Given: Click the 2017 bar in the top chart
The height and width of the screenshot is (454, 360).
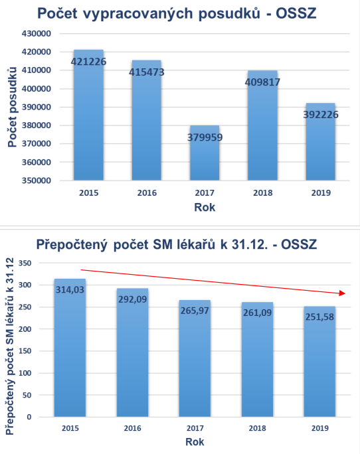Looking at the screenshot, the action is pyautogui.click(x=205, y=153).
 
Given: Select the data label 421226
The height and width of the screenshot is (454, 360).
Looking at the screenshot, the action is pyautogui.click(x=88, y=62).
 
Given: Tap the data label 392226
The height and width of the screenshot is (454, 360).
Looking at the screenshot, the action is pyautogui.click(x=321, y=115).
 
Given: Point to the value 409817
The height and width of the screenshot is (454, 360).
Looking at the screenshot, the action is pyautogui.click(x=262, y=82).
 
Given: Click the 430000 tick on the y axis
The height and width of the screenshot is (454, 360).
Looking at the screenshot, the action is pyautogui.click(x=37, y=34).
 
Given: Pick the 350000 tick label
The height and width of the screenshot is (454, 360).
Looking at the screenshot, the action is pyautogui.click(x=37, y=181).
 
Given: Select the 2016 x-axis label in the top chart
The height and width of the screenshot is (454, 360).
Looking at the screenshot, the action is pyautogui.click(x=147, y=193).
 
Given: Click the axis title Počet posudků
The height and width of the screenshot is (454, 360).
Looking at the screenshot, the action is pyautogui.click(x=13, y=107).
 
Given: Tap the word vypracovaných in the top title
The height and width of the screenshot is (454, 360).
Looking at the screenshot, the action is pyautogui.click(x=137, y=14).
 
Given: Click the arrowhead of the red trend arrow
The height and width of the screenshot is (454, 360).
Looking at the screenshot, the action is pyautogui.click(x=343, y=293).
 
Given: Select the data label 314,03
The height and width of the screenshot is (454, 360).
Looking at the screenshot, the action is pyautogui.click(x=70, y=289).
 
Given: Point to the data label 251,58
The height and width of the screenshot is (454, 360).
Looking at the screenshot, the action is pyautogui.click(x=319, y=317).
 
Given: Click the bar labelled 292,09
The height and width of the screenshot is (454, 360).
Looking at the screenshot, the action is pyautogui.click(x=132, y=352).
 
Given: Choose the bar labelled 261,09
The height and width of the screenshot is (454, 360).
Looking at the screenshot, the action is pyautogui.click(x=258, y=359).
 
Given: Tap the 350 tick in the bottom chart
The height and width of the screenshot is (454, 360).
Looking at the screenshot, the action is pyautogui.click(x=25, y=264).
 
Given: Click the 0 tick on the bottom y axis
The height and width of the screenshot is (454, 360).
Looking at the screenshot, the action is pyautogui.click(x=29, y=417).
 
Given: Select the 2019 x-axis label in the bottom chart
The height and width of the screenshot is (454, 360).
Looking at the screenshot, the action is pyautogui.click(x=319, y=428).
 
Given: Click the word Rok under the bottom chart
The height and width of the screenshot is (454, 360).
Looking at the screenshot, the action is pyautogui.click(x=195, y=442).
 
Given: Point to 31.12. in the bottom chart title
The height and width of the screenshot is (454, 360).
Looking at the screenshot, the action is pyautogui.click(x=249, y=245).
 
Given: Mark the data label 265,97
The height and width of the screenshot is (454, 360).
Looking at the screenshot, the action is pyautogui.click(x=195, y=311).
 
